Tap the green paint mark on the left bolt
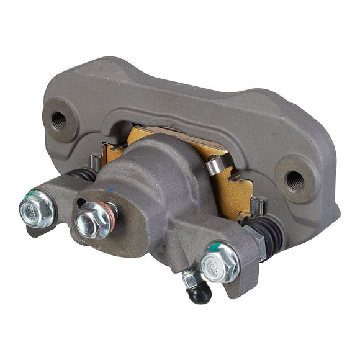[x=27, y=200]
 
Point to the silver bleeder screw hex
[x=190, y=280]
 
